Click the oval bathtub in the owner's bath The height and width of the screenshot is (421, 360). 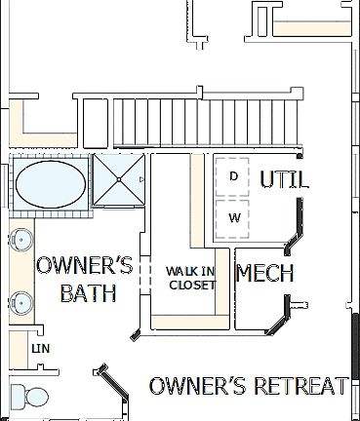coord(51,182)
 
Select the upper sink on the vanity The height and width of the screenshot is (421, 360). coord(20,239)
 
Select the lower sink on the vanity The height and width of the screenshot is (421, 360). coord(20,299)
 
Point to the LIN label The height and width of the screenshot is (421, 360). coord(40,347)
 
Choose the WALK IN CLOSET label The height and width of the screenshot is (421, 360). coord(191,278)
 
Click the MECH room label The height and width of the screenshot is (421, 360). coord(264,274)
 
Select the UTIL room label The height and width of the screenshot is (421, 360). coord(284,179)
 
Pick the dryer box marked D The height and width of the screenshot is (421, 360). coord(234,176)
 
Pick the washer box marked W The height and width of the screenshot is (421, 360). coord(234,217)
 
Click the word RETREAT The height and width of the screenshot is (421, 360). coord(300,386)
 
